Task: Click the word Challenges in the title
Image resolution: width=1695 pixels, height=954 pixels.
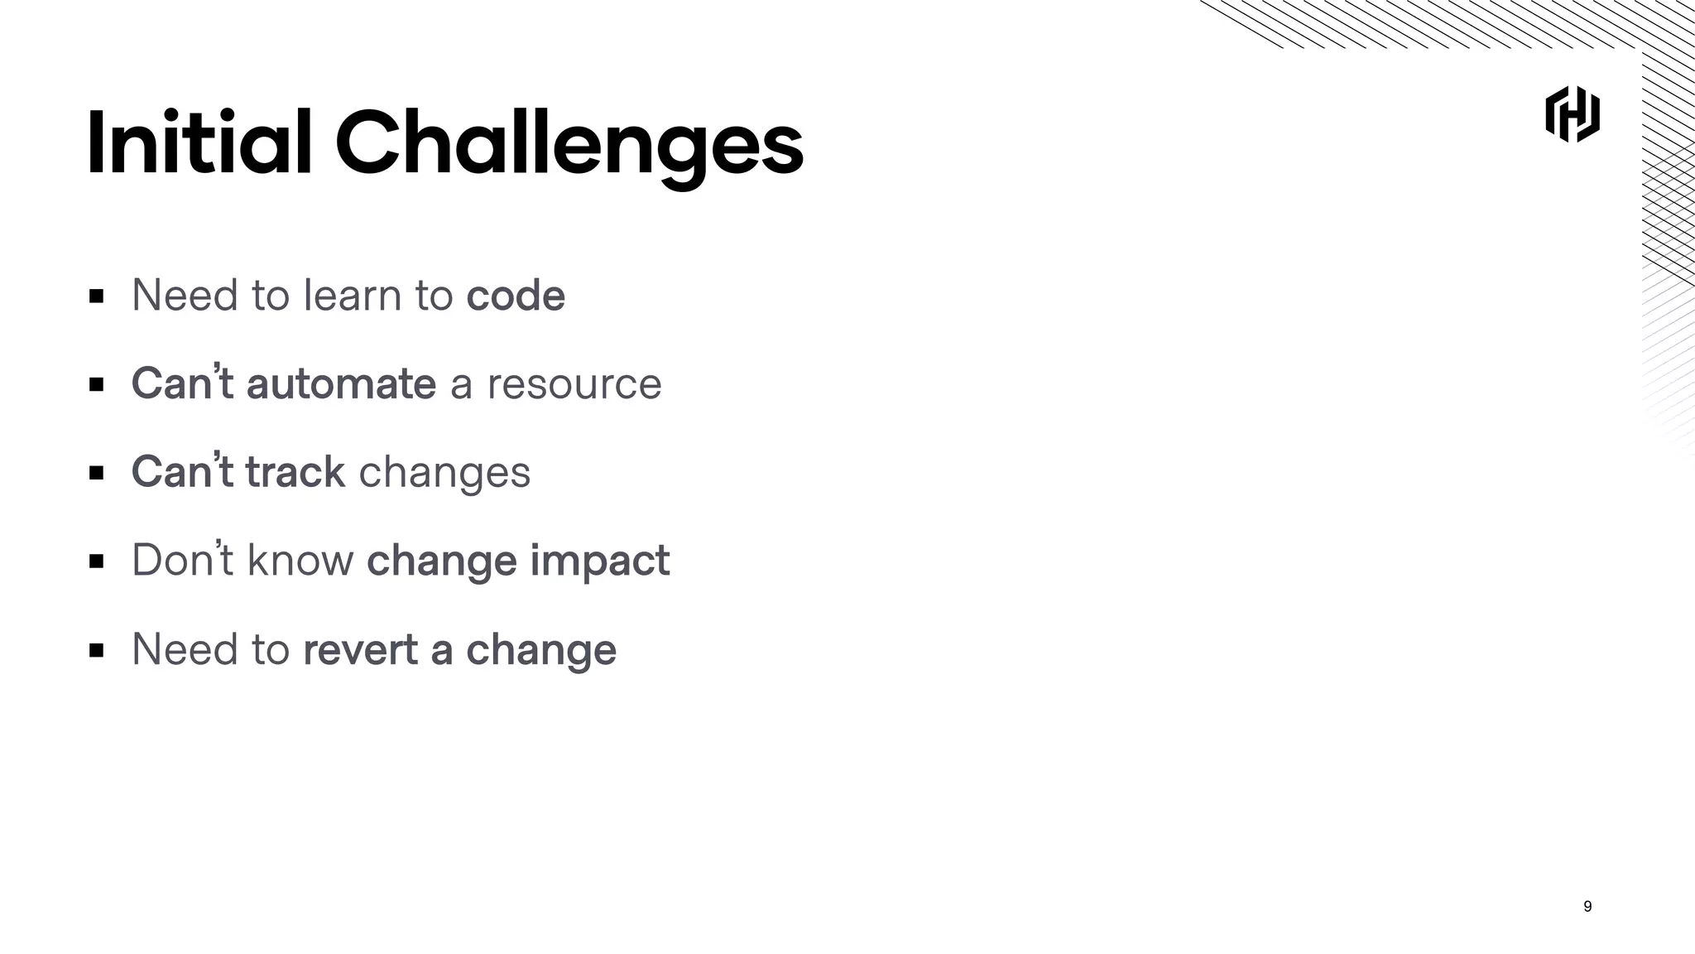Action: [569, 144]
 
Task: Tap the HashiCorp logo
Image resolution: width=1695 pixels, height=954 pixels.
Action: [1572, 114]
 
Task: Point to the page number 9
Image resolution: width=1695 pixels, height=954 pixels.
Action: [1587, 906]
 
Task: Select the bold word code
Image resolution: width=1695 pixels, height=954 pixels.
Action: [515, 296]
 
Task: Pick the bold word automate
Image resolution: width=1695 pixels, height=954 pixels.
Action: [341, 384]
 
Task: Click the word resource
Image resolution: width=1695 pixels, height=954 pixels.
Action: [574, 384]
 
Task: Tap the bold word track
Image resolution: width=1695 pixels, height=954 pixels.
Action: [295, 472]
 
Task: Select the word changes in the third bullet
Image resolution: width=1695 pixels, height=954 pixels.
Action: [444, 474]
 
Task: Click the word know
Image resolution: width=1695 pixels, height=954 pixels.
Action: [300, 561]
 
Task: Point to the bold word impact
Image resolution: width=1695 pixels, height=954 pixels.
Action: [599, 561]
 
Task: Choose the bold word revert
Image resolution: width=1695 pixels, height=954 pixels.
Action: [360, 649]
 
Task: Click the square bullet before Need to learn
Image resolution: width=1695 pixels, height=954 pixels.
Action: [97, 296]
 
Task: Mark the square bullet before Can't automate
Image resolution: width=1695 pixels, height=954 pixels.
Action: [97, 385]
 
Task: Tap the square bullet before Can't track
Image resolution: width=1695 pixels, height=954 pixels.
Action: [97, 473]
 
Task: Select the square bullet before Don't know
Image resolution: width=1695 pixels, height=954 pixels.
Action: [97, 561]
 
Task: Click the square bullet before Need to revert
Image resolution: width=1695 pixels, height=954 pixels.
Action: [97, 650]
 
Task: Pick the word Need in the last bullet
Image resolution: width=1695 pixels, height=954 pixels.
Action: [185, 649]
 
